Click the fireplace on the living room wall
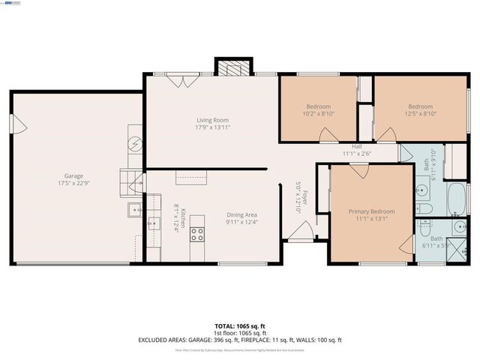point(229,67)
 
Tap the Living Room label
point(212,120)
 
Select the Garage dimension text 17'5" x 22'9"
point(73,183)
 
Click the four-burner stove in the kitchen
point(197,234)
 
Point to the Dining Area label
point(241,214)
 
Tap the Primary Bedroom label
point(371,211)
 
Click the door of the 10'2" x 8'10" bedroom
point(327,135)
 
